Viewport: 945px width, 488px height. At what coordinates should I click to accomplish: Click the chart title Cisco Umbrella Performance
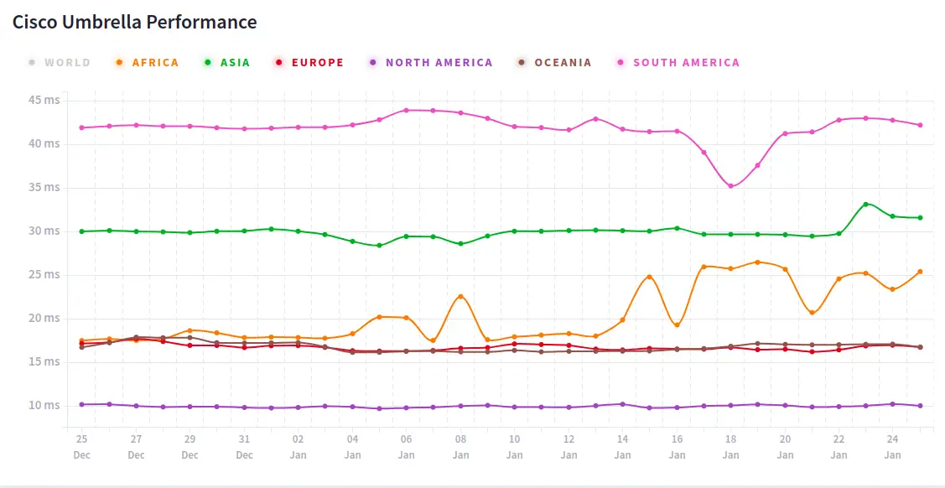134,22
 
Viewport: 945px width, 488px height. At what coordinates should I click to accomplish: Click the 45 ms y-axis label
44,101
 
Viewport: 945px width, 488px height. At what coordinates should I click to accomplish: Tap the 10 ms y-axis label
44,406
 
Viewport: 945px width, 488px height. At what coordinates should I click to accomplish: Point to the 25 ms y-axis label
44,275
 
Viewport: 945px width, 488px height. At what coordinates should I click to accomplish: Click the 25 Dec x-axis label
81,446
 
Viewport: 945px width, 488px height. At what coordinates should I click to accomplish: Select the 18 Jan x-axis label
731,446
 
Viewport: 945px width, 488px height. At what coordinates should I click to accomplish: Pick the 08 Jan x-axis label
460,446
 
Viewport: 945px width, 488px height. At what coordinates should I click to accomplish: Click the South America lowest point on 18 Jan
730,186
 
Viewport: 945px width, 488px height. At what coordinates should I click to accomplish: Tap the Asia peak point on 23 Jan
866,204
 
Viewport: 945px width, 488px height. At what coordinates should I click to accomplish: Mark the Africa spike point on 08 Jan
460,296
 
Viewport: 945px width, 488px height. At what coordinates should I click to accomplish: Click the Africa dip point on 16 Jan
677,325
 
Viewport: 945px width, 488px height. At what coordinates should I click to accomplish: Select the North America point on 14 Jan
622,404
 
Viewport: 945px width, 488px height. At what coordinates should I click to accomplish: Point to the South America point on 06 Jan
406,110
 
